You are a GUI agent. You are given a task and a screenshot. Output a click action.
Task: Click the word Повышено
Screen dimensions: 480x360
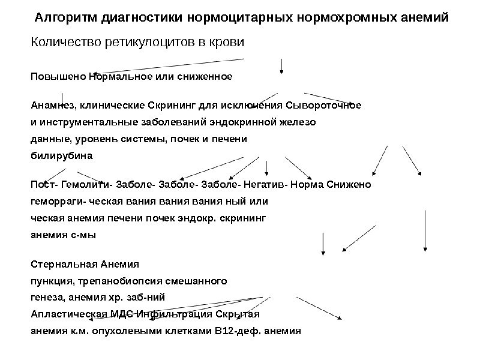point(58,77)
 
